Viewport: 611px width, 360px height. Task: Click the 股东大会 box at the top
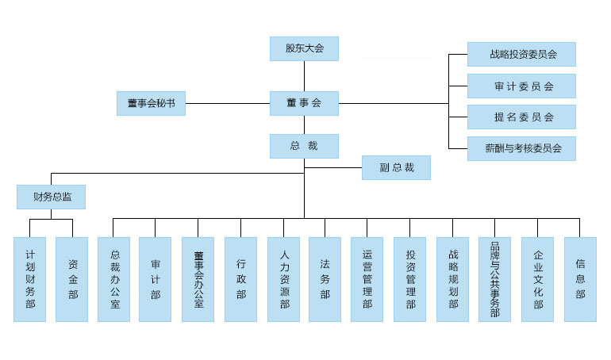pos(304,49)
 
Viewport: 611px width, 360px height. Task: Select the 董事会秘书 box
pos(151,103)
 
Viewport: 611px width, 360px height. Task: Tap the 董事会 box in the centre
pos(304,103)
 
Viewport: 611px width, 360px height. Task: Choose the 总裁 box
pos(304,146)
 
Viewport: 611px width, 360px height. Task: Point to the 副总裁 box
pos(396,167)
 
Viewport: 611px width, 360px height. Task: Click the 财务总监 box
pos(51,197)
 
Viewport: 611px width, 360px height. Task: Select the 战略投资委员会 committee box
pos(521,55)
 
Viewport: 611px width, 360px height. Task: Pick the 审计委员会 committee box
pos(521,86)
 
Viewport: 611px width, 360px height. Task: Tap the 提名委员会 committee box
pos(521,117)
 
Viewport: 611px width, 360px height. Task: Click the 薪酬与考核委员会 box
pos(521,148)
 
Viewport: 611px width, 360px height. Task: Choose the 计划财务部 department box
pos(30,279)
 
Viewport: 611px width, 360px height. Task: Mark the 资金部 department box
pos(72,279)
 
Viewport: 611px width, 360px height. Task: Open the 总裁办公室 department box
pos(113,279)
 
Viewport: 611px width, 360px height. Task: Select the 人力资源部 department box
pos(283,279)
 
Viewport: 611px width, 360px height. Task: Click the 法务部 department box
pos(325,279)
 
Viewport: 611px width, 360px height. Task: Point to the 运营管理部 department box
pos(367,279)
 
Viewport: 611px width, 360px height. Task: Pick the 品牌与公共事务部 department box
pos(494,279)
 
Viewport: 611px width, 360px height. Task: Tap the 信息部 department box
pos(580,279)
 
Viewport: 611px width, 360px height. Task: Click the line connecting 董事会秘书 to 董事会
pos(227,103)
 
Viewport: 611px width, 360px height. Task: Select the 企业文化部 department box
pos(537,279)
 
